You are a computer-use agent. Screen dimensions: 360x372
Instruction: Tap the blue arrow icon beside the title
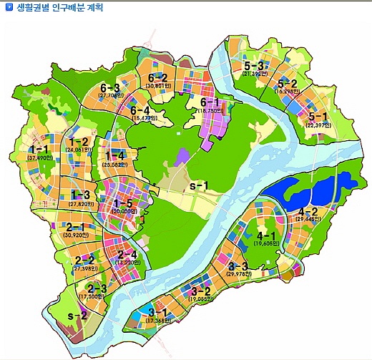pos(8,9)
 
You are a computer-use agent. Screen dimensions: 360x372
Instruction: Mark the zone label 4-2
pos(308,212)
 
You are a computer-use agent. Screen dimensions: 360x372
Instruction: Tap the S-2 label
pos(77,316)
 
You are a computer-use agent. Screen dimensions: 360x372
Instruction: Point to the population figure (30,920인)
pos(76,234)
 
